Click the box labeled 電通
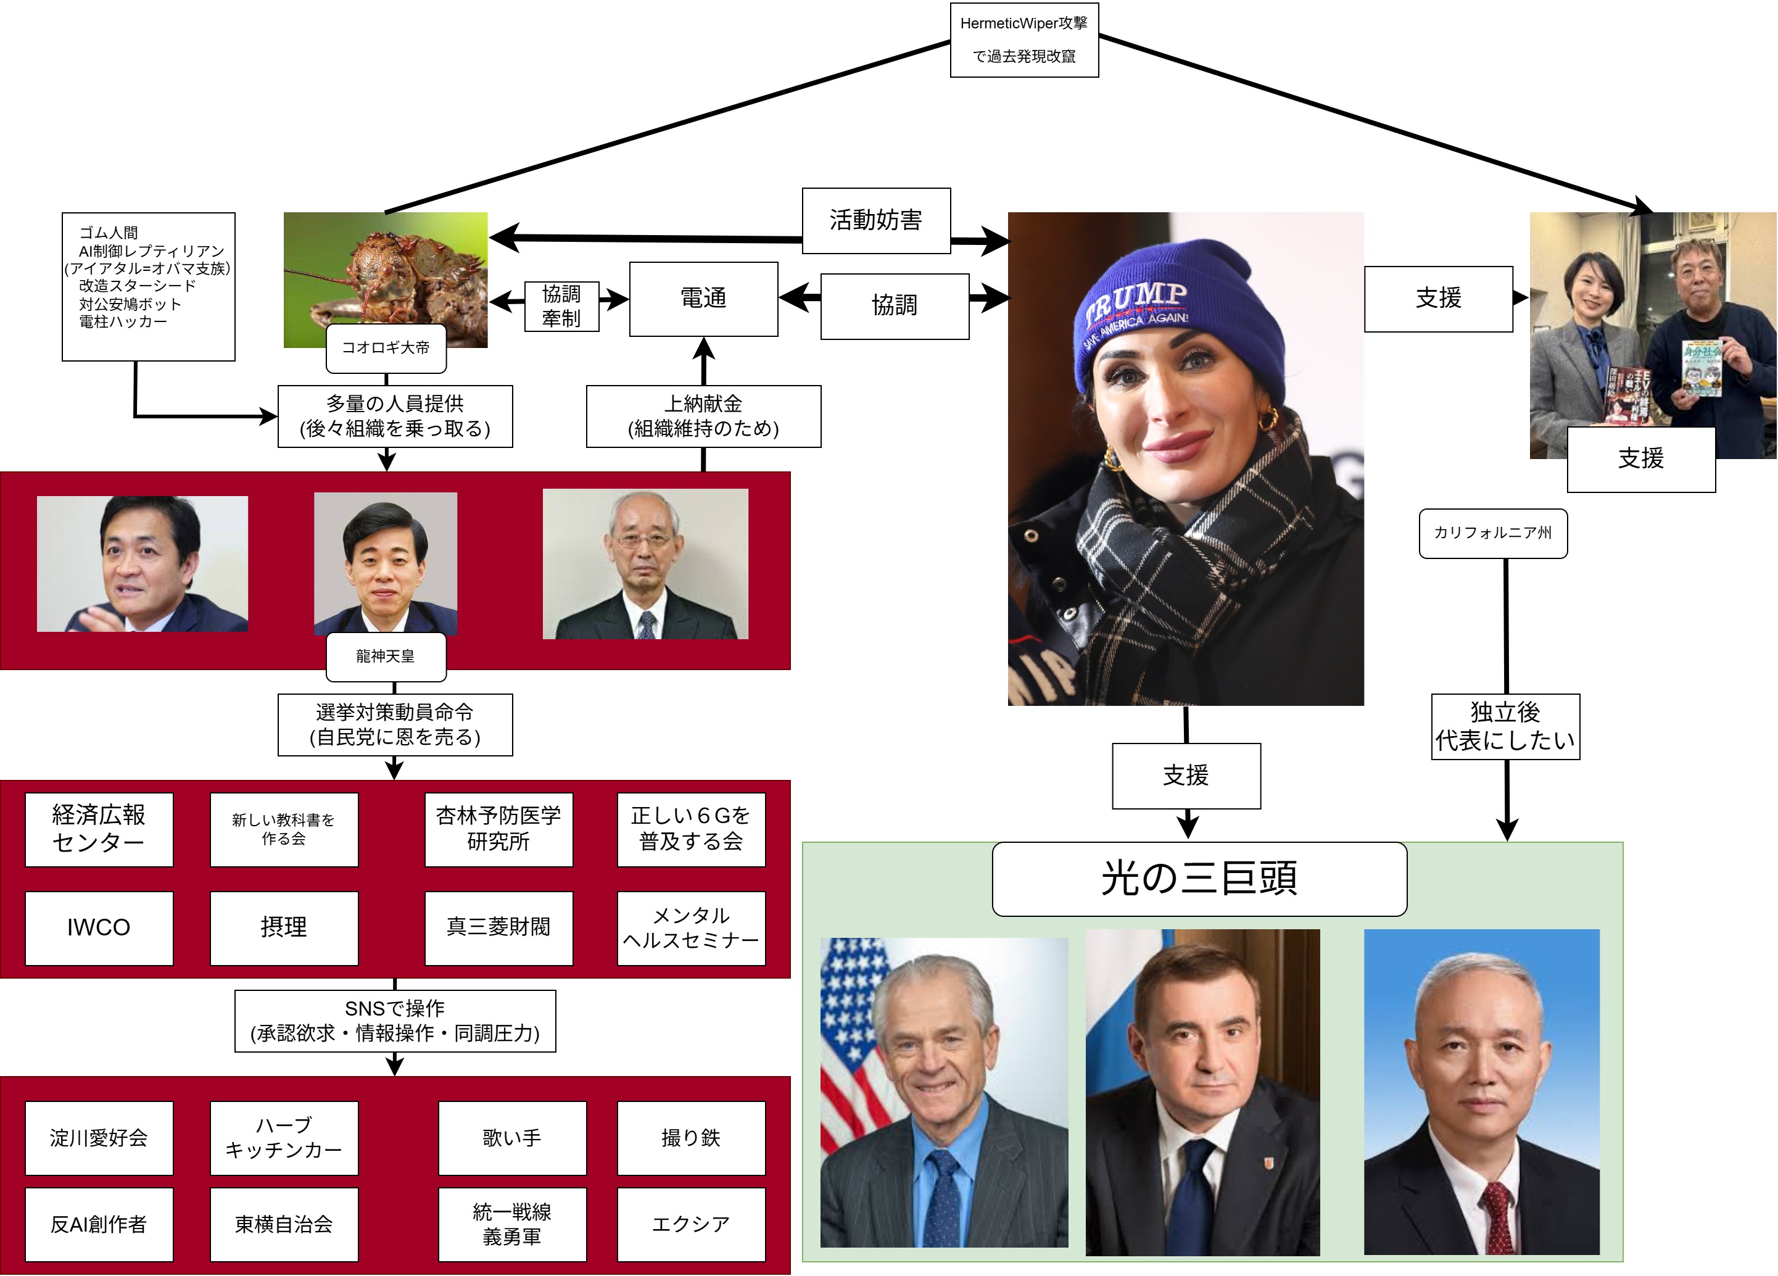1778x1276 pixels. click(703, 299)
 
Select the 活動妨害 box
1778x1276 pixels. click(875, 220)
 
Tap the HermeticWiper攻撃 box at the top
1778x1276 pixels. click(1024, 39)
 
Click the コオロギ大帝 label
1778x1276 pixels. click(386, 348)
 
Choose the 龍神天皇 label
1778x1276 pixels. click(386, 657)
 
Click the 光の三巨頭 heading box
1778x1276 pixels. click(1199, 879)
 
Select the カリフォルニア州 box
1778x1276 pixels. click(1492, 533)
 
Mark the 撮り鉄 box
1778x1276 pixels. click(691, 1138)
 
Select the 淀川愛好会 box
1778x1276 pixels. click(99, 1138)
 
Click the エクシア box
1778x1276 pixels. click(691, 1224)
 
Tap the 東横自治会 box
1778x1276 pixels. click(284, 1224)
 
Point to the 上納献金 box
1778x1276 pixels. click(703, 416)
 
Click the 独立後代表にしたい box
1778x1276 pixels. click(1505, 726)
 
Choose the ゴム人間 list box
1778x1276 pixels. click(148, 286)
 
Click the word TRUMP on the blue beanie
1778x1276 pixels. click(1137, 302)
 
